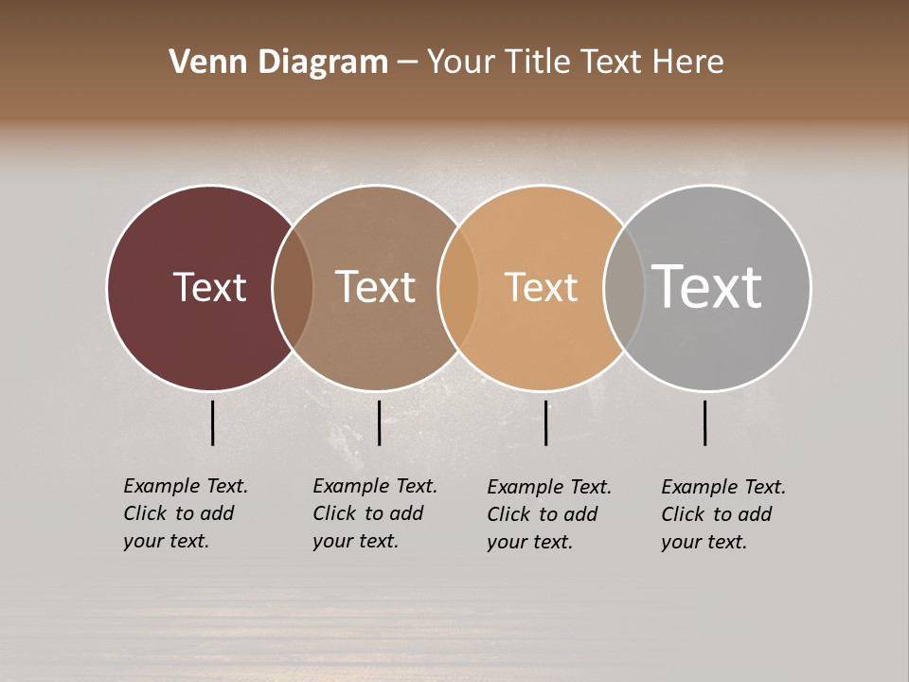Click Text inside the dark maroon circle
click(209, 287)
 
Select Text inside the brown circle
click(375, 287)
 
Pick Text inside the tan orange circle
click(541, 287)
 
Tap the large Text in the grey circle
click(706, 287)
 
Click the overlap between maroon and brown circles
click(293, 287)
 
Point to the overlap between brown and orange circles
click(458, 287)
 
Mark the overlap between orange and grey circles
click(624, 287)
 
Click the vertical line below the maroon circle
click(212, 422)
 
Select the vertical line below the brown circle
click(379, 422)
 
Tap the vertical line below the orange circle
click(545, 422)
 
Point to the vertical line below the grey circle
click(704, 422)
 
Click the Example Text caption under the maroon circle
click(186, 513)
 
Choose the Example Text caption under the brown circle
click(375, 513)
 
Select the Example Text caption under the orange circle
click(549, 514)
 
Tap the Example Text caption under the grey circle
click(723, 514)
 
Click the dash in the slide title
click(407, 63)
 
